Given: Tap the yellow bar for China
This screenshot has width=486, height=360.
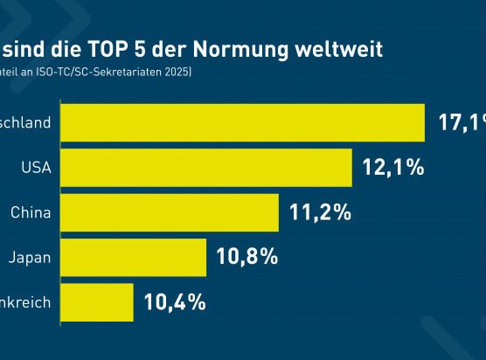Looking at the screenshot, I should pyautogui.click(x=169, y=211).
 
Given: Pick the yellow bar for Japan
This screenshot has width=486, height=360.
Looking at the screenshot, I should pyautogui.click(x=133, y=257).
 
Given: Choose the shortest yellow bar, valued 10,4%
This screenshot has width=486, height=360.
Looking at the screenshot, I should pyautogui.click(x=96, y=302).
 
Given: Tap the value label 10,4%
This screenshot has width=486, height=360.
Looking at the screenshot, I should pyautogui.click(x=175, y=302).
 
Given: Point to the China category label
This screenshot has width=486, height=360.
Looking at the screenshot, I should pyautogui.click(x=31, y=212).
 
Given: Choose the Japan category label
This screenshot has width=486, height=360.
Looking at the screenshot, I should pyautogui.click(x=30, y=258).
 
